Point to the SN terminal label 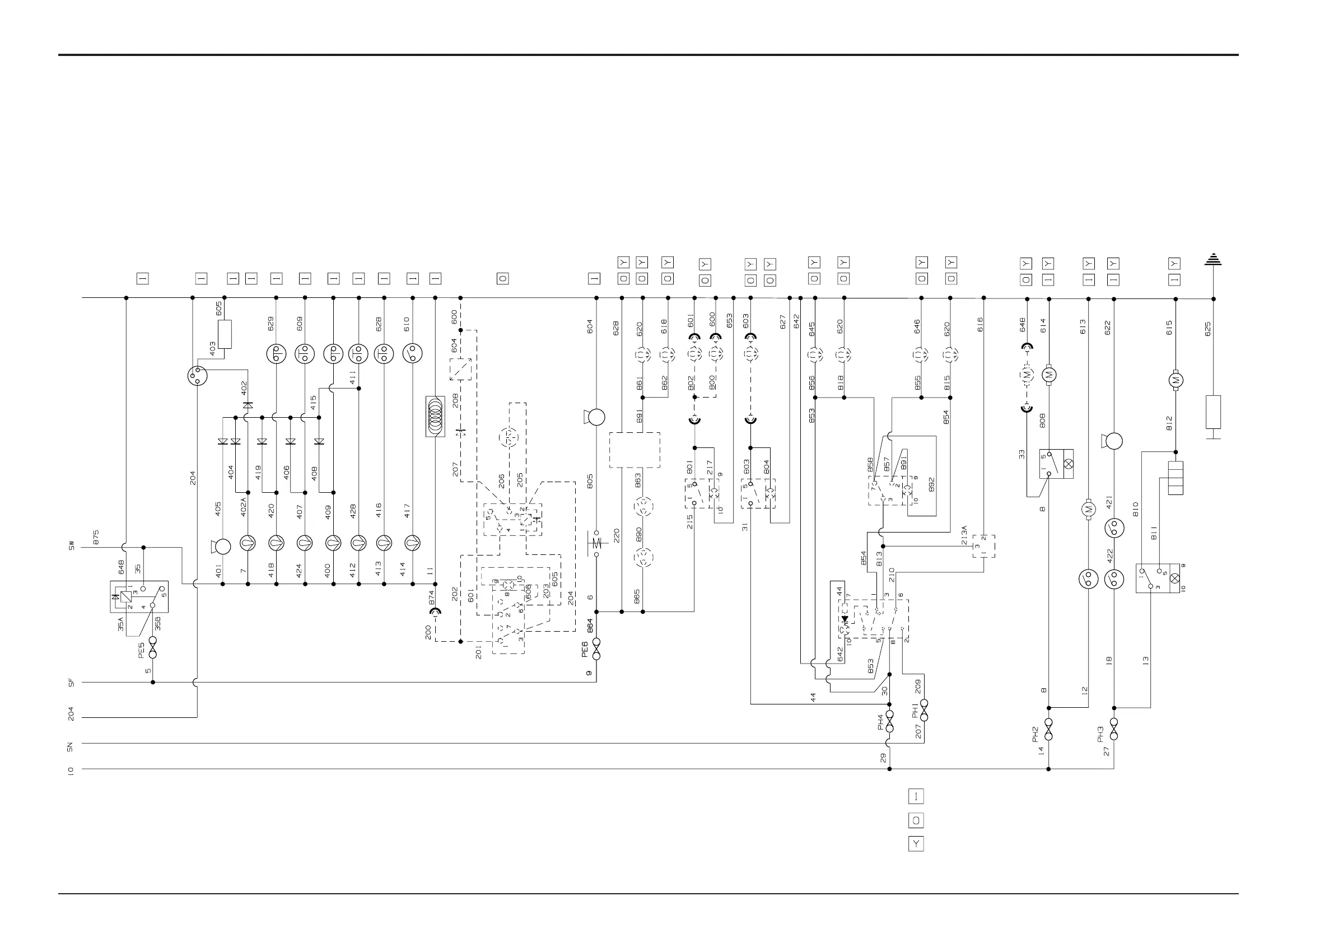coord(71,747)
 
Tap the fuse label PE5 coord(141,650)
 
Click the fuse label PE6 coord(585,649)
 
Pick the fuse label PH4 coord(881,722)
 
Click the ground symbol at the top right coord(1213,259)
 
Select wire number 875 coord(96,537)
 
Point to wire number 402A coord(244,507)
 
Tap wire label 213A coord(964,535)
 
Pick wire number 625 coord(1209,329)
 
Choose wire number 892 coord(932,485)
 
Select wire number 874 coord(432,599)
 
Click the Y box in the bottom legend coord(916,844)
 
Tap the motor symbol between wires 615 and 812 coord(1176,381)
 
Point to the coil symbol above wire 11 coord(435,416)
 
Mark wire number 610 coord(406,324)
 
